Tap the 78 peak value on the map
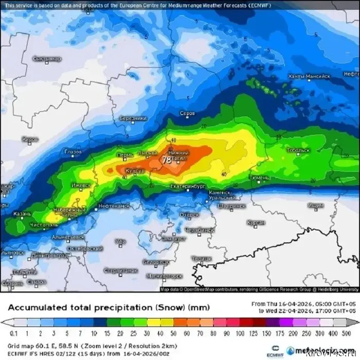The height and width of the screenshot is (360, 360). [x=167, y=160]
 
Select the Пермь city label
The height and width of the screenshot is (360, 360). [x=124, y=154]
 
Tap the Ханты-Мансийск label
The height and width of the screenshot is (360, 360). [x=309, y=76]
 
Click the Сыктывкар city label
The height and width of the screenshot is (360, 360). [x=47, y=59]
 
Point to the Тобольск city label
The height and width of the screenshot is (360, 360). [x=298, y=150]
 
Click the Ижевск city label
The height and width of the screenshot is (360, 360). [x=80, y=185]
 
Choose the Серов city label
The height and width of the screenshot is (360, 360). [x=187, y=113]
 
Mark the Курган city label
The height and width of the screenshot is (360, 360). [x=256, y=222]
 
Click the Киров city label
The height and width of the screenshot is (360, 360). [x=30, y=139]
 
